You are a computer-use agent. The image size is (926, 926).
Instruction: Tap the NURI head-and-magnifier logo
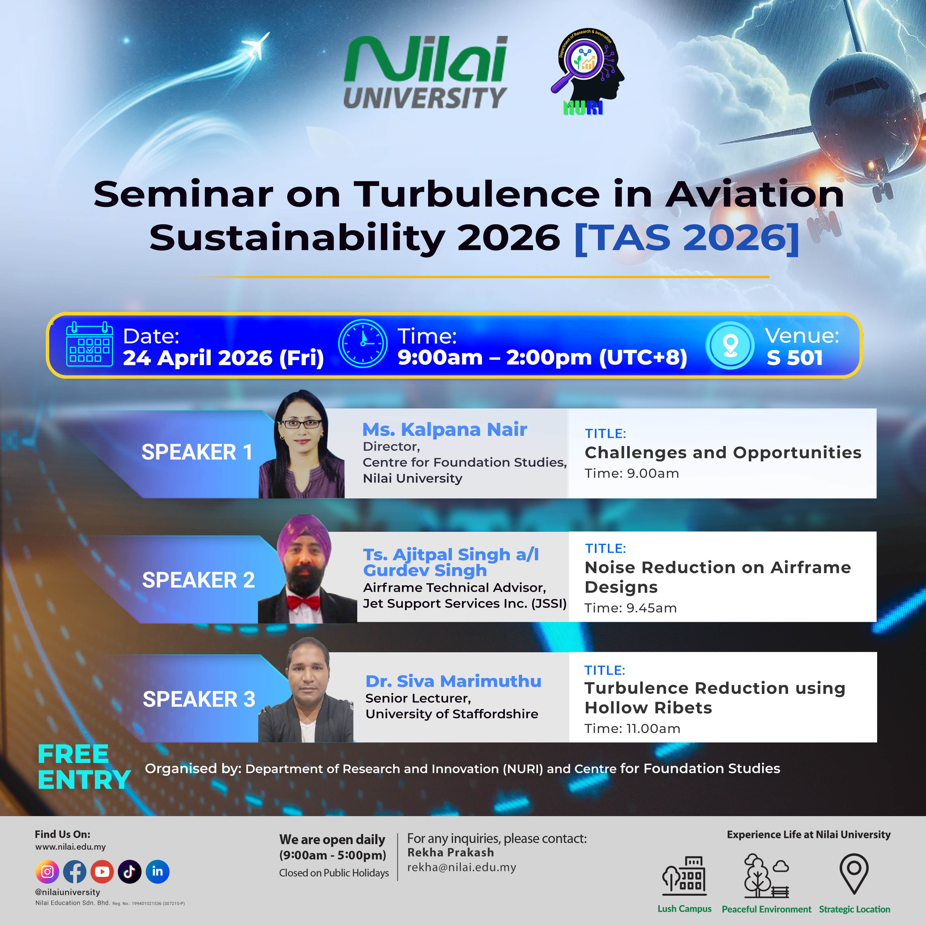coord(587,72)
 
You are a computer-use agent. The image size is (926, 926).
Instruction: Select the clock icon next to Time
coord(363,344)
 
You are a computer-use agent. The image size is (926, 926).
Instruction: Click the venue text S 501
coord(795,358)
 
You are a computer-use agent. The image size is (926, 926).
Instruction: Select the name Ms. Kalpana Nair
coord(445,429)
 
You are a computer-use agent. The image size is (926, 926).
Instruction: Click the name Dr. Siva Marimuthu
coord(453,681)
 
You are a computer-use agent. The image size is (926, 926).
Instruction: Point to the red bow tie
coord(303,602)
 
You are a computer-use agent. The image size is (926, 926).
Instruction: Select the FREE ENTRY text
coord(84,767)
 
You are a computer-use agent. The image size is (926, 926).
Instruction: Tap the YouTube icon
coord(102,871)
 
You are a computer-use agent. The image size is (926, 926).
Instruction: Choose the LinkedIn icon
coord(157,871)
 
